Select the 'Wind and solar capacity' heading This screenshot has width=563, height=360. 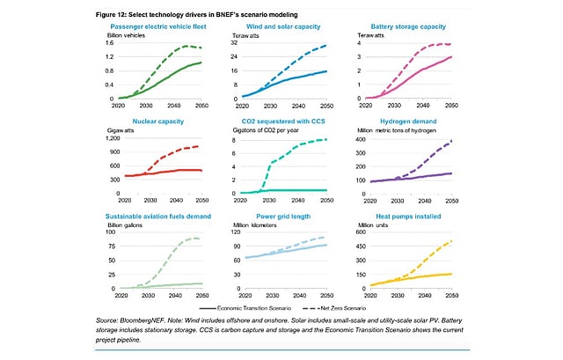[x=285, y=27]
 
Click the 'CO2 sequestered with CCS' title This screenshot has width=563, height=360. [x=287, y=121]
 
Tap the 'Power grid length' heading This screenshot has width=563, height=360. [x=284, y=215]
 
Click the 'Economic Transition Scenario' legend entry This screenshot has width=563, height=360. [x=255, y=308]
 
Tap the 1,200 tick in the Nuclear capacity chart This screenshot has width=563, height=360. [x=118, y=138]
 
